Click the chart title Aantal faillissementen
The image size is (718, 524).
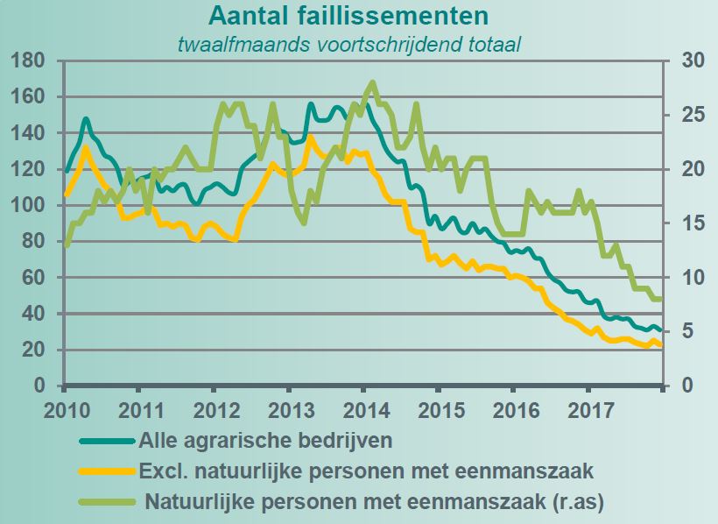pyautogui.click(x=348, y=16)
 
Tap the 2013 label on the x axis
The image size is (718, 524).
pyautogui.click(x=291, y=410)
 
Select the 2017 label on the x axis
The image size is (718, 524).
pyautogui.click(x=588, y=410)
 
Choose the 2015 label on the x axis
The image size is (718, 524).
pyautogui.click(x=440, y=410)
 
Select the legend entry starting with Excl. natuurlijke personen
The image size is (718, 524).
pyautogui.click(x=366, y=471)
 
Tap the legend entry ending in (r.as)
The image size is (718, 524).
pyautogui.click(x=377, y=503)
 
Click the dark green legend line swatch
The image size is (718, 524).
pyautogui.click(x=107, y=440)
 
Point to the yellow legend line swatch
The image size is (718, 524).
pyautogui.click(x=107, y=472)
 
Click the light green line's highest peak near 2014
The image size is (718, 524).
pyautogui.click(x=373, y=82)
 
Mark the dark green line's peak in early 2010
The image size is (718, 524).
pyautogui.click(x=86, y=118)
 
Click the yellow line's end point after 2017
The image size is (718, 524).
pyautogui.click(x=661, y=345)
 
